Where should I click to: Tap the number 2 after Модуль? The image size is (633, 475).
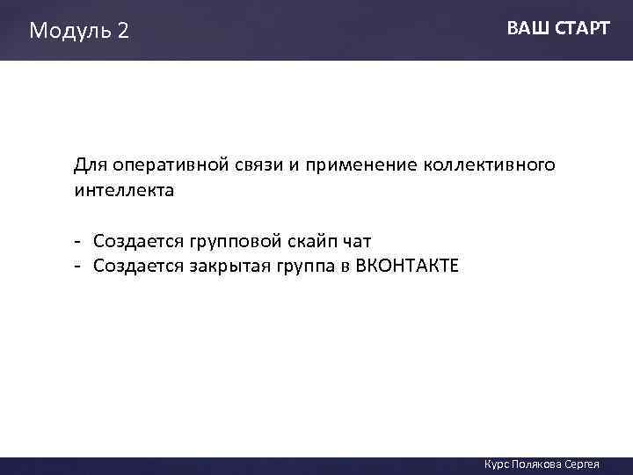(x=122, y=32)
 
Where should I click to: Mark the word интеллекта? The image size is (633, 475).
(x=124, y=190)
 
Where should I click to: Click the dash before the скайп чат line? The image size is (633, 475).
(x=78, y=241)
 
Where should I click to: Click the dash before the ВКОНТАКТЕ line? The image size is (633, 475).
(x=78, y=266)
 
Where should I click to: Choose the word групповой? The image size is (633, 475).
(x=228, y=241)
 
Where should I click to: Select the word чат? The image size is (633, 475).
(x=355, y=241)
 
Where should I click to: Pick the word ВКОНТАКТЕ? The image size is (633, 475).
(x=407, y=266)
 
